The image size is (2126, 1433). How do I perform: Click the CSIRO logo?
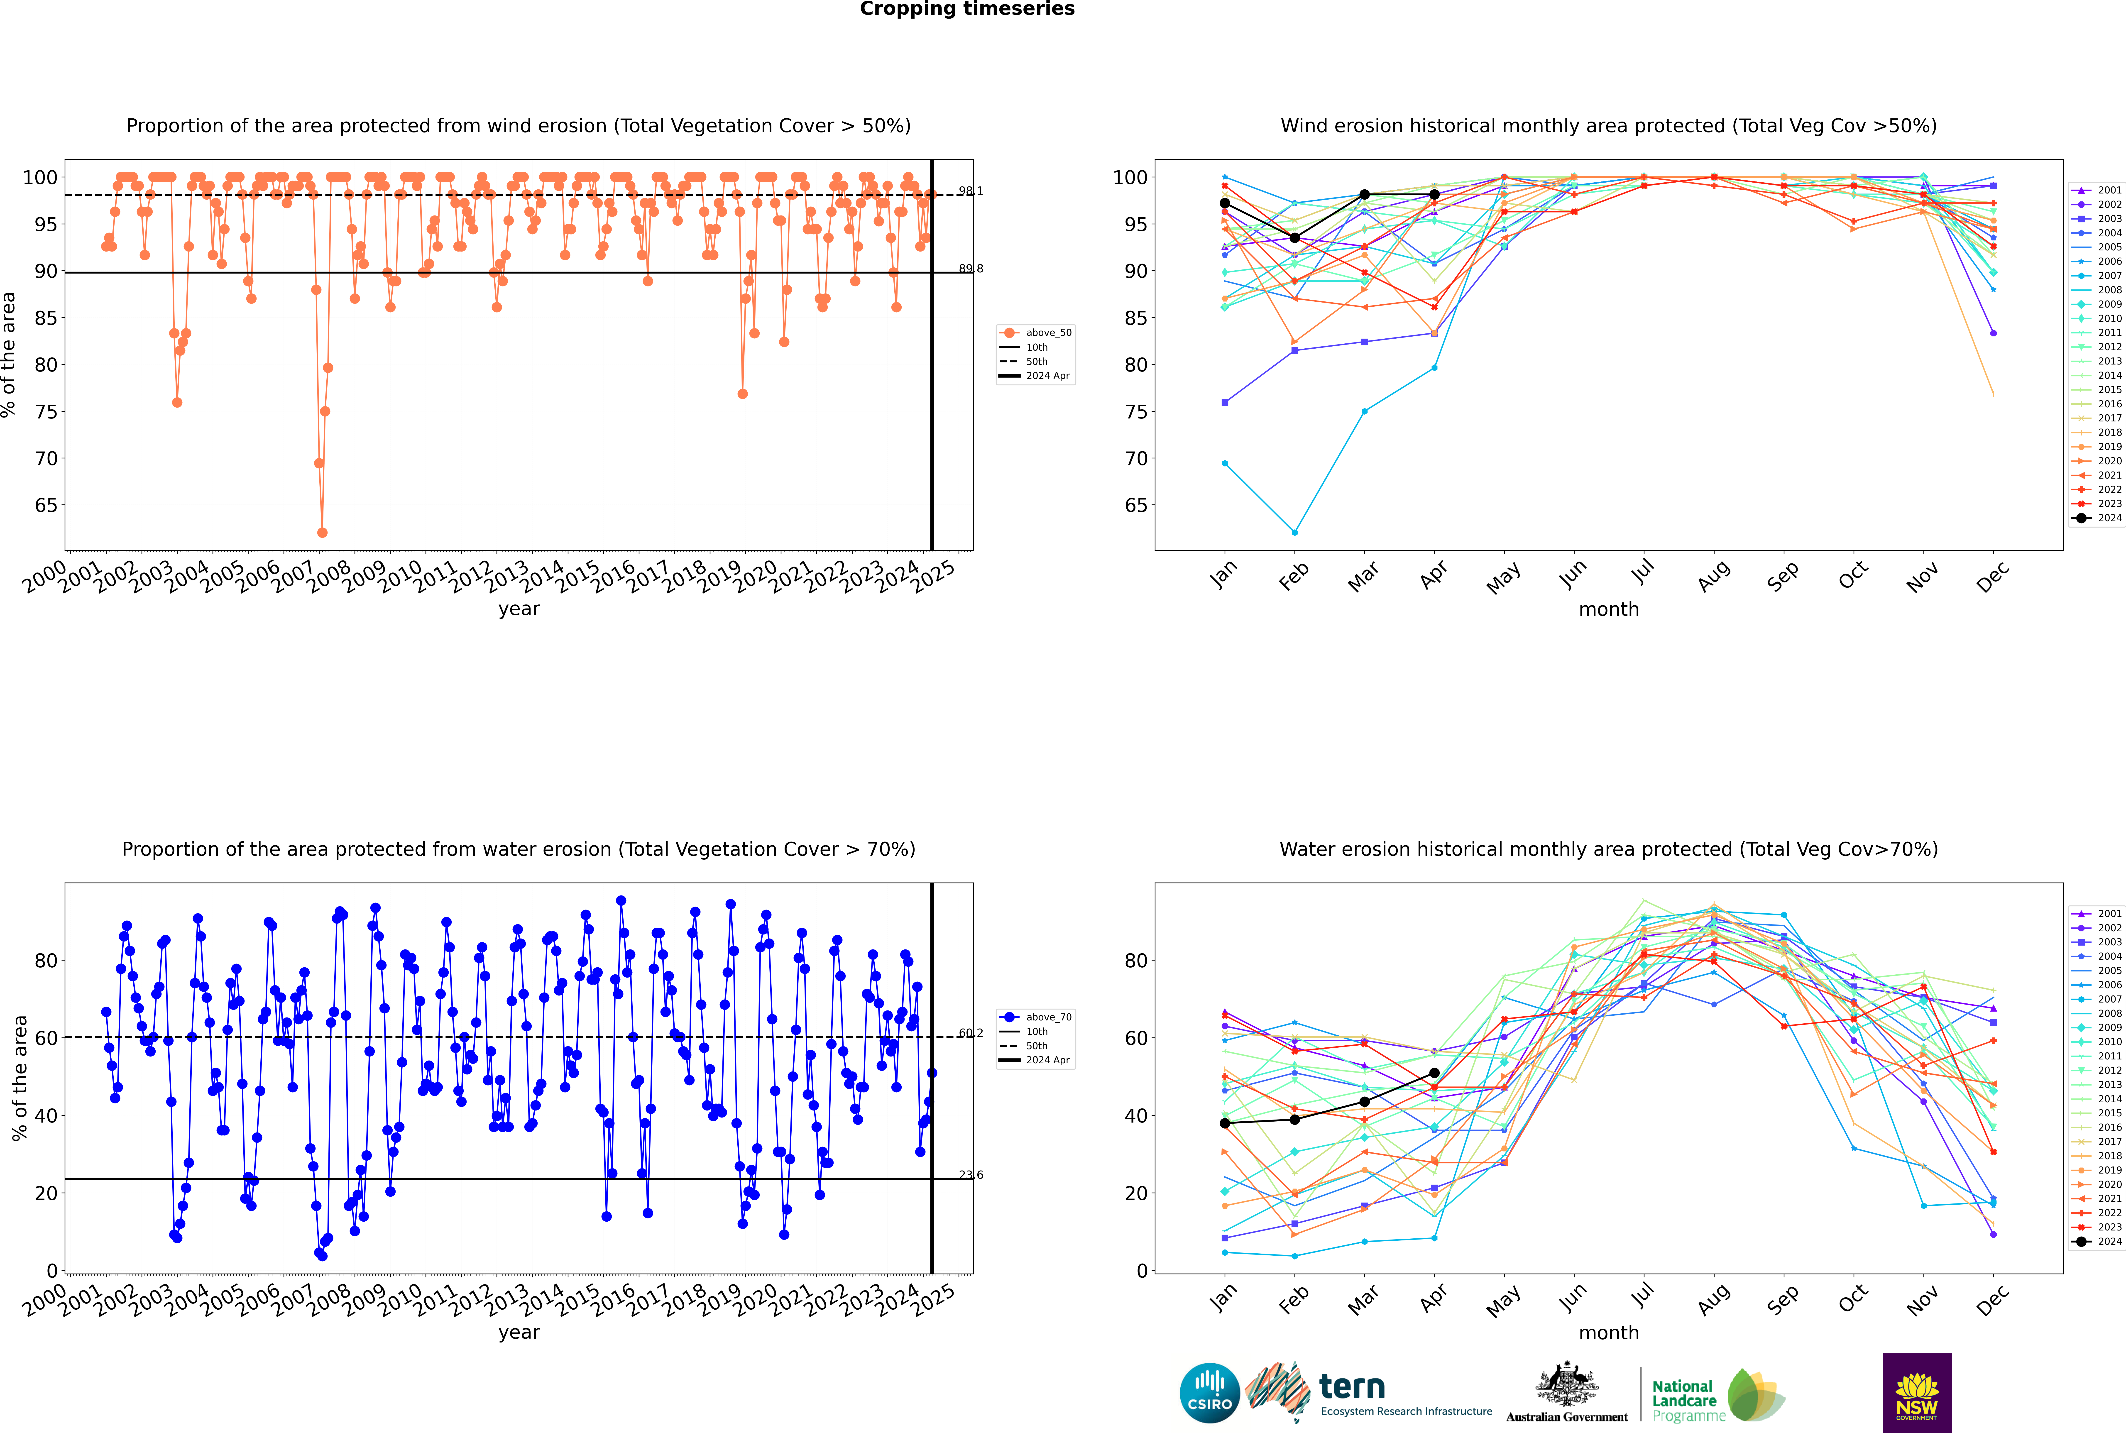[1209, 1393]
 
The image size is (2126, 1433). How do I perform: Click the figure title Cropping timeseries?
[967, 9]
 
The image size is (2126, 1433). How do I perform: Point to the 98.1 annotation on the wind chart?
[971, 191]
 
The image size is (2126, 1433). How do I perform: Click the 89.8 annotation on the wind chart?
[971, 269]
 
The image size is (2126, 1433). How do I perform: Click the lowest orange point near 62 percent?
[322, 533]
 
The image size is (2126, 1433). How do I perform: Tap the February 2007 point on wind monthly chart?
[1294, 532]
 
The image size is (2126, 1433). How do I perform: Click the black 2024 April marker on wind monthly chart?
[1434, 195]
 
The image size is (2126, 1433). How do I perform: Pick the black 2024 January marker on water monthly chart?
[1225, 1123]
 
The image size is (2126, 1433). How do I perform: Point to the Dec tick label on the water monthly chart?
[1993, 1300]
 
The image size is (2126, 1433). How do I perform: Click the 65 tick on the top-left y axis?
[46, 505]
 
